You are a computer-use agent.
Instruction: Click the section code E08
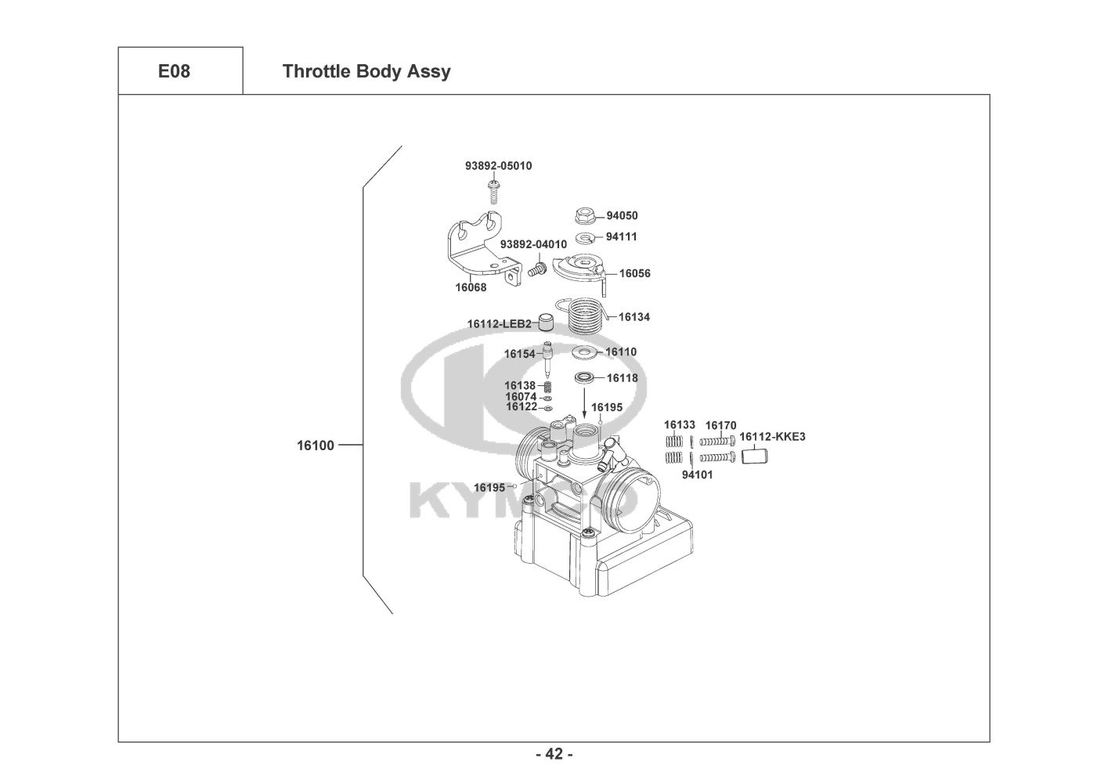point(174,71)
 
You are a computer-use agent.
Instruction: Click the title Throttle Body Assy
point(366,71)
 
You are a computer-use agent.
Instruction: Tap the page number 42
point(554,754)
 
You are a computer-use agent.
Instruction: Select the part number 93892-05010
point(498,166)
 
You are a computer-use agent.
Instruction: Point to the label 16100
point(315,446)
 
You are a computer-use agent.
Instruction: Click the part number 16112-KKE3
point(771,437)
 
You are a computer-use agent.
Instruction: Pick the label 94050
point(622,215)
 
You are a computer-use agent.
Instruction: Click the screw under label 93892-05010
point(493,190)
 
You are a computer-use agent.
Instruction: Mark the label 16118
point(622,378)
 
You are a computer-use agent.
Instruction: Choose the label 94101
point(697,474)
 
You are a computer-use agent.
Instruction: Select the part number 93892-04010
point(533,244)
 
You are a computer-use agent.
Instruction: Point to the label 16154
point(519,354)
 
